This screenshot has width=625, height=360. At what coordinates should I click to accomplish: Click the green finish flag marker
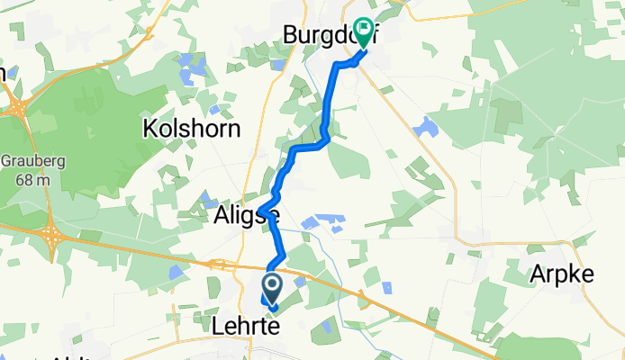[x=365, y=31]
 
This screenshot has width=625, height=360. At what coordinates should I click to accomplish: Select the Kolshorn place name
[x=192, y=129]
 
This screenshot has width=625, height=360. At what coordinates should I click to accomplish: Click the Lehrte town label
[x=242, y=325]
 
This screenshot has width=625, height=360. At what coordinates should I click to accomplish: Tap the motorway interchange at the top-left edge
[x=16, y=109]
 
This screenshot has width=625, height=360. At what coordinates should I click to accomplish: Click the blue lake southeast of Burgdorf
[x=426, y=127]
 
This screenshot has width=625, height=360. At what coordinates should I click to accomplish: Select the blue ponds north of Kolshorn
[x=191, y=67]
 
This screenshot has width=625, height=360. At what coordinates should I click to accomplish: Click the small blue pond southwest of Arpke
[x=386, y=288]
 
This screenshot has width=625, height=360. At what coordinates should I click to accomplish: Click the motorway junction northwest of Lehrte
[x=219, y=264]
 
